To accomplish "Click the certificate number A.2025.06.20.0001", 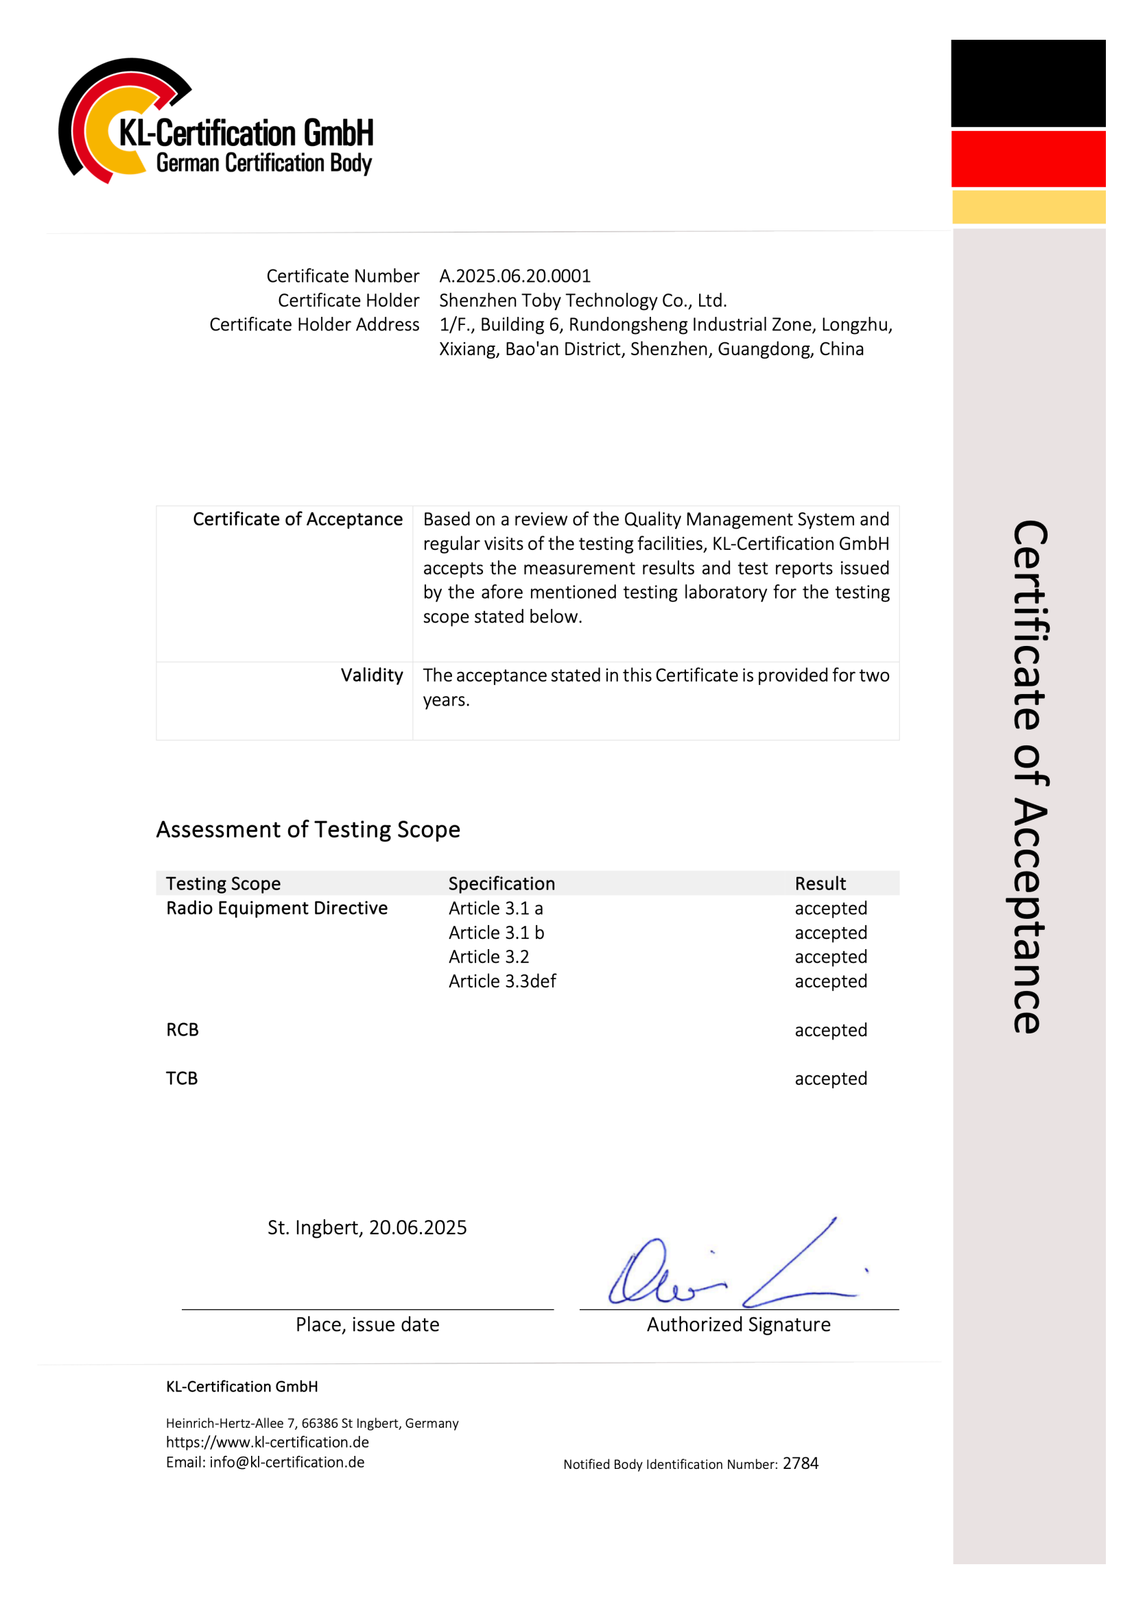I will point(515,276).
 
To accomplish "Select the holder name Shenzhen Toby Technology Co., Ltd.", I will point(582,300).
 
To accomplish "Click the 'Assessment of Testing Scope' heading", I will point(308,829).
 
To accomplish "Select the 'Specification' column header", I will point(501,884).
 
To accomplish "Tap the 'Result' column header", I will point(820,884).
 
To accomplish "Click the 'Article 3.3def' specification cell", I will point(501,981).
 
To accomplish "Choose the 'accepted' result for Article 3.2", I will point(830,957).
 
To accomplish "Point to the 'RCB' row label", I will point(182,1030).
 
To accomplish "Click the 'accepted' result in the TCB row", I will point(830,1079).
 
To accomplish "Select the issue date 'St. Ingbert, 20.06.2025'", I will point(367,1228).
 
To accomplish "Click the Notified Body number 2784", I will point(800,1463).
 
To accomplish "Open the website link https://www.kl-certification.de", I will point(267,1443).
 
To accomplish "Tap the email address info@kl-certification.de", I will point(287,1462).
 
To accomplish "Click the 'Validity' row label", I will point(372,675).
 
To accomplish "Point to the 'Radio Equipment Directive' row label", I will point(276,908).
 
